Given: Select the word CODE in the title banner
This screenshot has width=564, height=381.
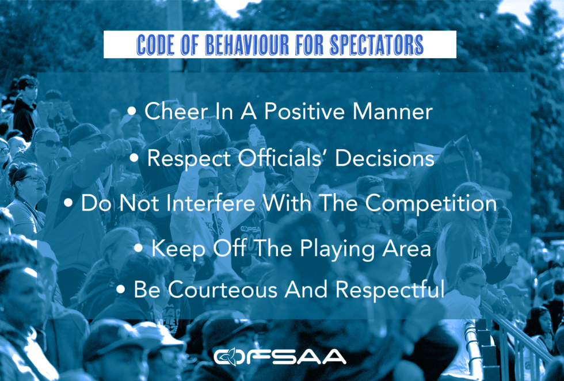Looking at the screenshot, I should [x=155, y=45].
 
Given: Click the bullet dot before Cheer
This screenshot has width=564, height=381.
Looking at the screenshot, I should [x=132, y=112].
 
